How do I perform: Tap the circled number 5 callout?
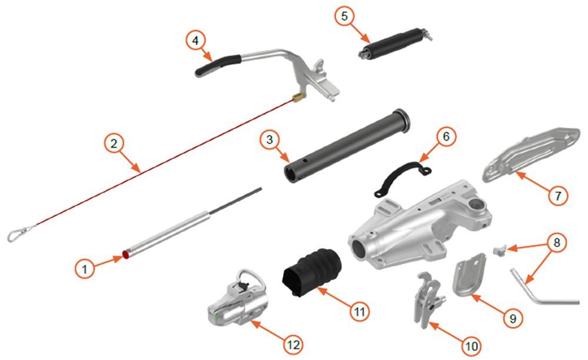coord(344,16)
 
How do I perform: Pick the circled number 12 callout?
coord(293,344)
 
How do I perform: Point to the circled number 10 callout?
coord(472,346)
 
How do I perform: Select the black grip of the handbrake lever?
coord(218,65)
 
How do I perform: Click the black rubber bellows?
coord(312,271)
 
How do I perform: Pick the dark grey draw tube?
coord(346,146)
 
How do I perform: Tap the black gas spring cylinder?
coord(395,44)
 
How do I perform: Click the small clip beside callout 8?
coord(499,250)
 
